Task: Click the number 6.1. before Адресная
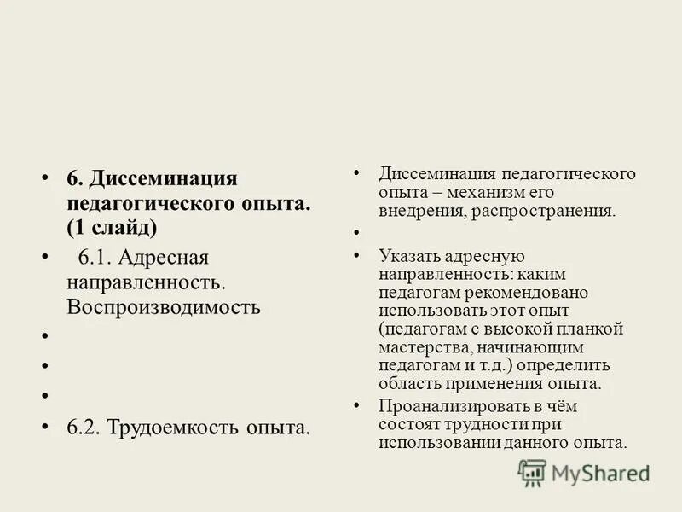point(95,257)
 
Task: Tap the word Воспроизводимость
point(164,306)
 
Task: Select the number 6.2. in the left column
point(84,426)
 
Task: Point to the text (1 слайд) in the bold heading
point(113,228)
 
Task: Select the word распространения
point(541,210)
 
